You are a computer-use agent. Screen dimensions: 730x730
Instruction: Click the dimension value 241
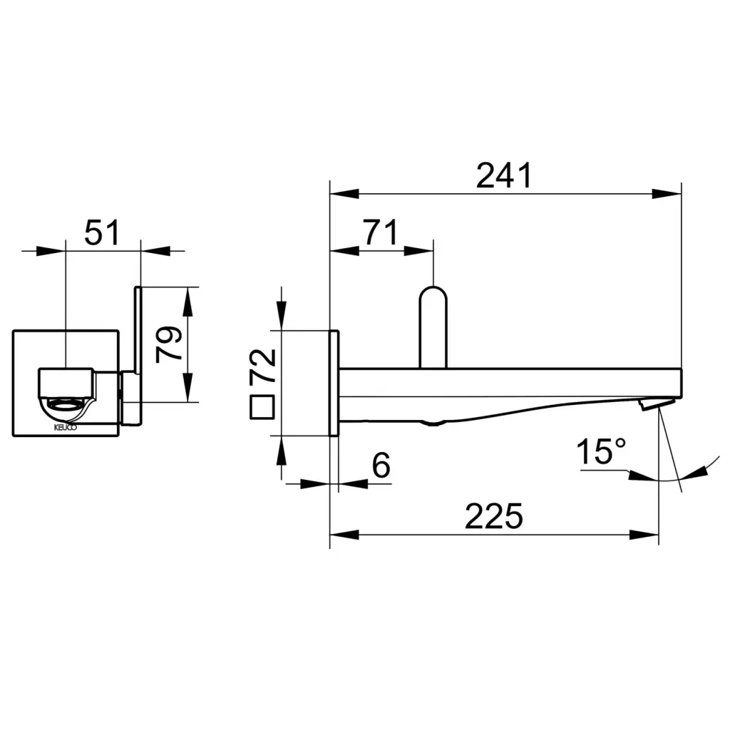pyautogui.click(x=504, y=175)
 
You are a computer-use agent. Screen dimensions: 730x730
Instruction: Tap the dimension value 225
pyautogui.click(x=494, y=516)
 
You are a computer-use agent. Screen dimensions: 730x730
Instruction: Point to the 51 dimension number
pyautogui.click(x=102, y=232)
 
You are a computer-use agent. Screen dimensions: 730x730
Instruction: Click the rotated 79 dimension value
pyautogui.click(x=168, y=344)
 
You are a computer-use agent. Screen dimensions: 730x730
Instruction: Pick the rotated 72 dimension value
pyautogui.click(x=263, y=366)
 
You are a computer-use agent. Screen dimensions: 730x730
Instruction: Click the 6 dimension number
pyautogui.click(x=381, y=465)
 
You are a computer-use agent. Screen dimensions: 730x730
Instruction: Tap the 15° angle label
pyautogui.click(x=601, y=451)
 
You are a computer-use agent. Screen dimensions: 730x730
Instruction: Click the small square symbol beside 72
pyautogui.click(x=262, y=407)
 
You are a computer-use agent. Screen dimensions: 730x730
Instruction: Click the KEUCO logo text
pyautogui.click(x=66, y=428)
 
